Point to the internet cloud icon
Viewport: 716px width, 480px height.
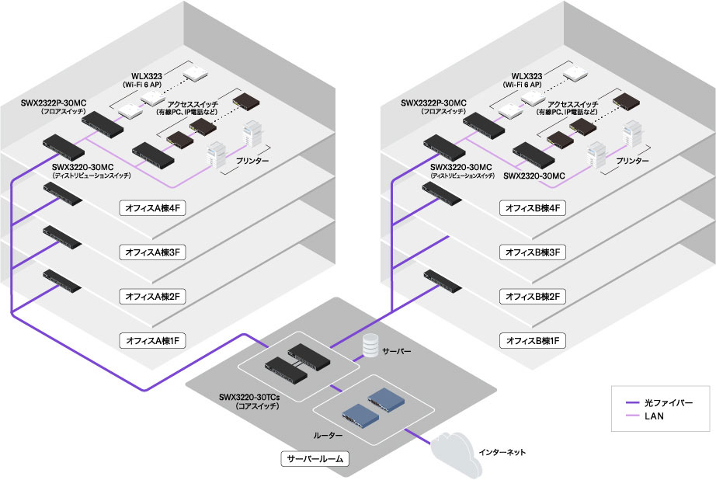458,452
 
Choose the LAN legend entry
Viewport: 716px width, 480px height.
656,417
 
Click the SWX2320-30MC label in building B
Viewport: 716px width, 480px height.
536,176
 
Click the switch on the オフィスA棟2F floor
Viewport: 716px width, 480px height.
63,280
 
